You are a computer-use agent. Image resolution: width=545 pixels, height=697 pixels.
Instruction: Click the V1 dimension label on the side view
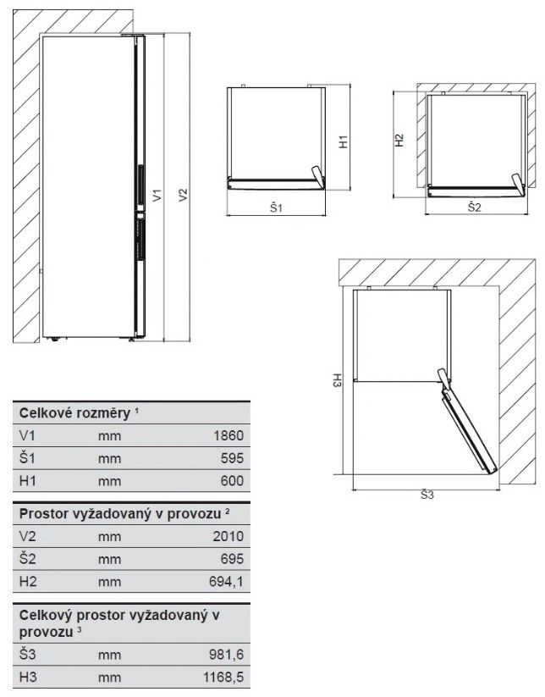[157, 195]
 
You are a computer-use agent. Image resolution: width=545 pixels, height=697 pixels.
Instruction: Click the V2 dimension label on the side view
[183, 195]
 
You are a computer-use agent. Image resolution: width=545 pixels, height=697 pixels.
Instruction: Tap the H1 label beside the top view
[344, 141]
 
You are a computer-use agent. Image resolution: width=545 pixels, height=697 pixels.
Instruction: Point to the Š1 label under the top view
[276, 207]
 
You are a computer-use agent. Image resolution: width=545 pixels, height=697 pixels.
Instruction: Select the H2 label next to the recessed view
[399, 141]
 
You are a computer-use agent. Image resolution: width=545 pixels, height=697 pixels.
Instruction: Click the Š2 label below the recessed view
[475, 207]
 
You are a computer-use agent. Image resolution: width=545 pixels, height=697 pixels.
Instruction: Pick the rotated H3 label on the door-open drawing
[336, 380]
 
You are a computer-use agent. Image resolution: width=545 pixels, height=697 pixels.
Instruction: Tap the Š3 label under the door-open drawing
[427, 495]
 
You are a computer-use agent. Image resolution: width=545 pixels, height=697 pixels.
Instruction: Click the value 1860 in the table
[228, 435]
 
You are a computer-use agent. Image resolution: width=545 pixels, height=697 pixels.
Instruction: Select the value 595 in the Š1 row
[233, 458]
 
